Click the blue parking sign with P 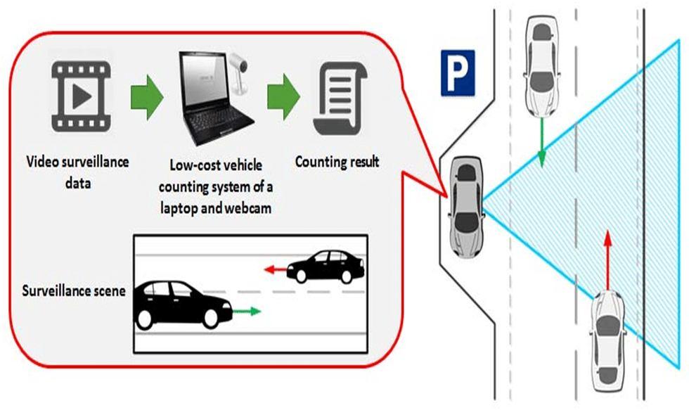tap(458, 72)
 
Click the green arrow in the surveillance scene tap(247, 310)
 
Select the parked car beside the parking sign tap(465, 206)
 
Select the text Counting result tap(337, 162)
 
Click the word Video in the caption tap(41, 162)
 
